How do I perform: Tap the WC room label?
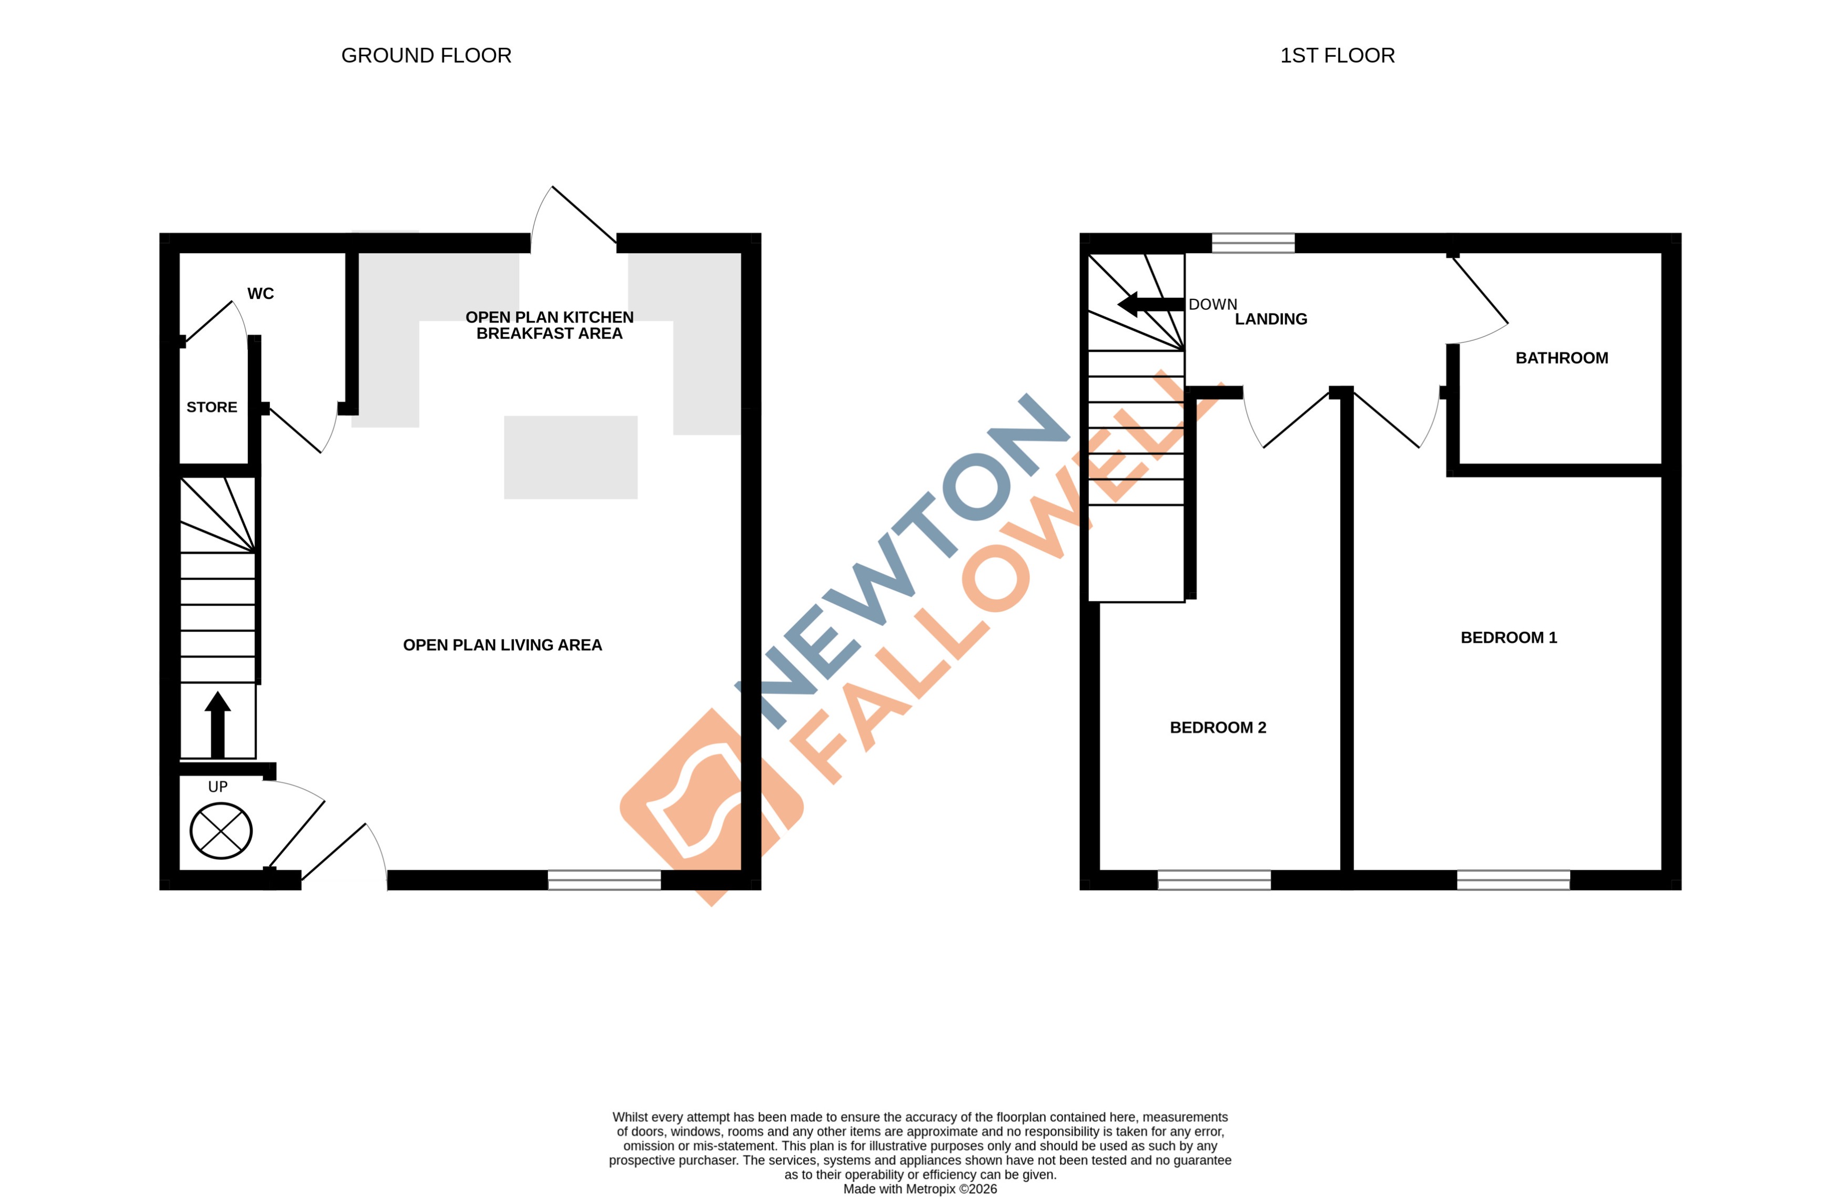pos(261,293)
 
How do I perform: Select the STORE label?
pos(212,407)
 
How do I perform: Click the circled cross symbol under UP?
pos(221,830)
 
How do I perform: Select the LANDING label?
pos(1271,319)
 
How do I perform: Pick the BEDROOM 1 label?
pos(1509,638)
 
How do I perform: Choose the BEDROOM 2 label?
pos(1218,727)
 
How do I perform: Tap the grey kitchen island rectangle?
pos(571,457)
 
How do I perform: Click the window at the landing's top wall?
pos(1253,243)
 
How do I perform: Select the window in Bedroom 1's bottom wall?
pos(1513,880)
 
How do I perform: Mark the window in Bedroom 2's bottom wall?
pos(1213,880)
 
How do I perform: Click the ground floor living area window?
pos(604,880)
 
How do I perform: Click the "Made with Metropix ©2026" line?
pos(920,1189)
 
